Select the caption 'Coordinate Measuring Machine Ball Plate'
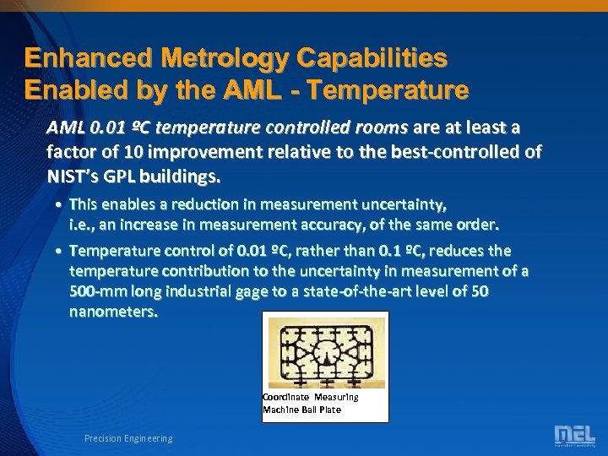point(310,403)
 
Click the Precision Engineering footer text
point(128,438)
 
